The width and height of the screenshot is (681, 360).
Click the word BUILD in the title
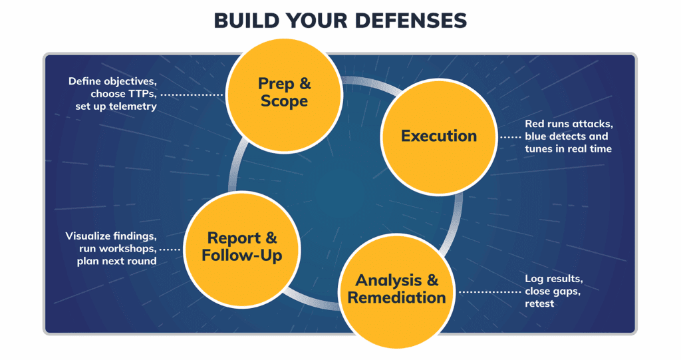[243, 21]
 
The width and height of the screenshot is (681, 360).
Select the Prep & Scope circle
[284, 92]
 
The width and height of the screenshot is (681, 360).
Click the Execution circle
[438, 136]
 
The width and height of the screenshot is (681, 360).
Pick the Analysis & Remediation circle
[396, 289]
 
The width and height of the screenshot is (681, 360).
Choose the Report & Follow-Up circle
[242, 246]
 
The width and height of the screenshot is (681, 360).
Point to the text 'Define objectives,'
[112, 81]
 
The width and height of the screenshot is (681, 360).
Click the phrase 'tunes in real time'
[568, 148]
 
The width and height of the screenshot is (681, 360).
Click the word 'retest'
[539, 303]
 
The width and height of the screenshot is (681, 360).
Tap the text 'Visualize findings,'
[111, 236]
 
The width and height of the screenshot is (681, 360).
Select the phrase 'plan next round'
[116, 261]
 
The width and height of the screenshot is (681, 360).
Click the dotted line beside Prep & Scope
[192, 94]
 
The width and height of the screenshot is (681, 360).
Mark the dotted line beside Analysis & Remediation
[489, 291]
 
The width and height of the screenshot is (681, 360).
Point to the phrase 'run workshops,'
[118, 248]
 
